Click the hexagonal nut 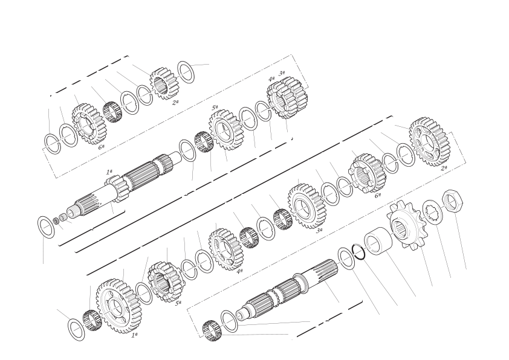pos(453,201)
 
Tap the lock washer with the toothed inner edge pos(433,214)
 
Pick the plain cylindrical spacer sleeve pos(378,242)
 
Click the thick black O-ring pos(359,251)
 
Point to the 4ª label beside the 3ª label pos(271,79)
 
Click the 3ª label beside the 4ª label pos(282,73)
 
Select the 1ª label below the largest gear pos(134,335)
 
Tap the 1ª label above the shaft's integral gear pos(109,172)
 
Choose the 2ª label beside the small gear pos(175,102)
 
